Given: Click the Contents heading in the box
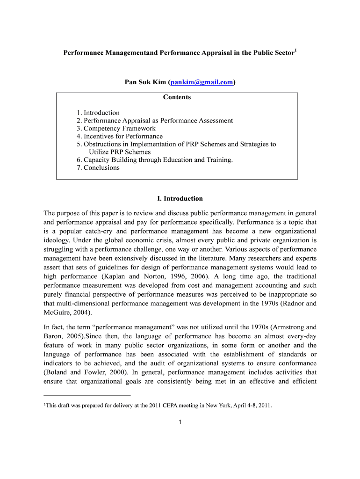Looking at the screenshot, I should click(177, 97).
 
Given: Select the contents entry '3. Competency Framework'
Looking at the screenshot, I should click(116, 128).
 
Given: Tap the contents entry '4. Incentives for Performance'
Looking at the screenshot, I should click(120, 136).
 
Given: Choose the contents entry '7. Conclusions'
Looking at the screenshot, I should click(98, 167).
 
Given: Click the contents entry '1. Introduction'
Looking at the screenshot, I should click(98, 112).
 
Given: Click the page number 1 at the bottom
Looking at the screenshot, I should click(180, 423).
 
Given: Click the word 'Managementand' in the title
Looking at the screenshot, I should click(123, 53).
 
